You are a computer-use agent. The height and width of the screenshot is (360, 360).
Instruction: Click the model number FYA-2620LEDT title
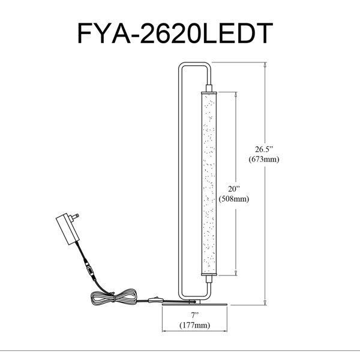click(175, 33)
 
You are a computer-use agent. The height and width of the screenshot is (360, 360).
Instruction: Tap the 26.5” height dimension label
click(264, 149)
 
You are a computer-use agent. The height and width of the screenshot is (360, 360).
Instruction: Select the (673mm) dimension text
click(264, 159)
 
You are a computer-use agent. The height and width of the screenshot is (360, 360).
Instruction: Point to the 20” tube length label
click(234, 189)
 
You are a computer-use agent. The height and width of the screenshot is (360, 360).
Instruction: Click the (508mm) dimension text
click(234, 199)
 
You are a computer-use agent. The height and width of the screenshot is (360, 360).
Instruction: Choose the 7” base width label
click(194, 315)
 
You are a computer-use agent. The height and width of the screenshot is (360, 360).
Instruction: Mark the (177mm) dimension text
click(194, 325)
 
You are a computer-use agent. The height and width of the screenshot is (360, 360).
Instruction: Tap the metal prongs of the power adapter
click(75, 217)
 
